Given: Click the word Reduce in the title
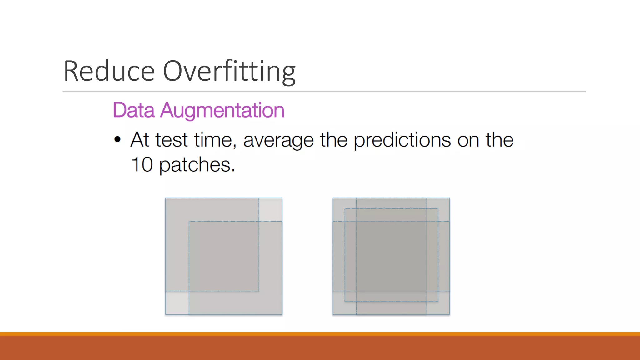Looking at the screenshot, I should click(x=109, y=71).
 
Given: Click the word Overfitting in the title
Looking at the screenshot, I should click(x=229, y=71).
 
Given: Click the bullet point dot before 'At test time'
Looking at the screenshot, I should click(x=117, y=139).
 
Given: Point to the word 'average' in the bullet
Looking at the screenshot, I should click(x=278, y=140).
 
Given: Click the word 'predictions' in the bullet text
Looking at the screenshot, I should click(x=402, y=140).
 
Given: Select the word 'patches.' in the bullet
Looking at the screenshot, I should click(x=197, y=165).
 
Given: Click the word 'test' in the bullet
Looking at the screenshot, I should click(x=171, y=140).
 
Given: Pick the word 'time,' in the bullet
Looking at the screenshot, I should click(x=215, y=140).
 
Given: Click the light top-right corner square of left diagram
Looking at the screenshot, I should click(x=271, y=209).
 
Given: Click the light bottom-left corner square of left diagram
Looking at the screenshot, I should click(x=177, y=303).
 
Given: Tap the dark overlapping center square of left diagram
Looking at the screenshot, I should click(x=224, y=256).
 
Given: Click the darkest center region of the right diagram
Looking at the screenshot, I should click(x=391, y=256).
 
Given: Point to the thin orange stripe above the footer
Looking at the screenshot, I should click(x=320, y=334).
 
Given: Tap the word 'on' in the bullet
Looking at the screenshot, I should click(x=468, y=140).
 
